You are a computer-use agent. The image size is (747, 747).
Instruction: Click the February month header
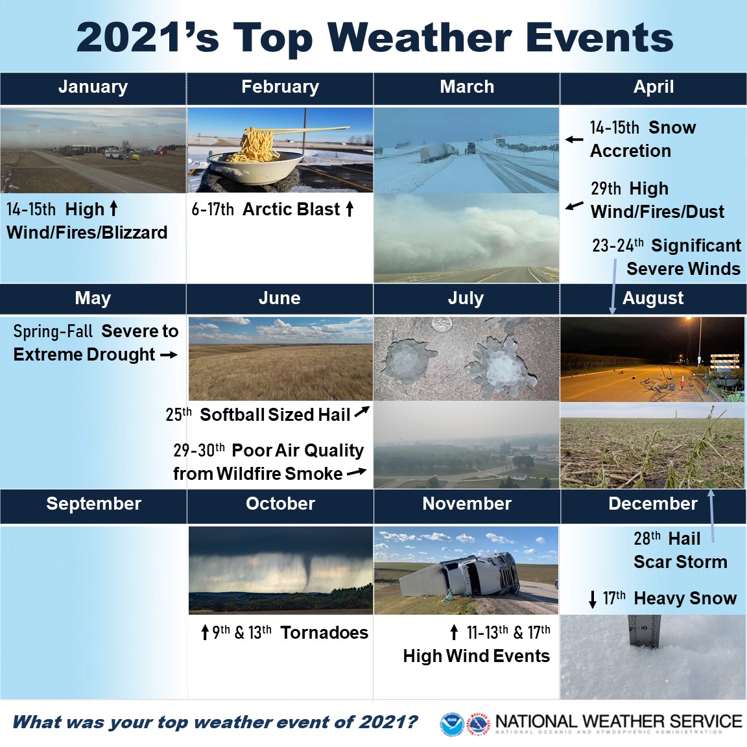point(280,87)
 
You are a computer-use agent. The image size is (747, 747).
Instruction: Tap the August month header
point(653,298)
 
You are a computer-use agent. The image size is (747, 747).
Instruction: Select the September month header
point(94,504)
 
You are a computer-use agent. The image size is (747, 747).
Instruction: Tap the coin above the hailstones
point(441,326)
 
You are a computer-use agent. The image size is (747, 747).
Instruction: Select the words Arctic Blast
point(291,209)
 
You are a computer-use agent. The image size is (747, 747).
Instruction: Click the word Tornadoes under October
point(324,633)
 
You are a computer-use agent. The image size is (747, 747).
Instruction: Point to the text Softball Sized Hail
point(275,414)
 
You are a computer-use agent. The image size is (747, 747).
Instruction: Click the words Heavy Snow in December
point(685,598)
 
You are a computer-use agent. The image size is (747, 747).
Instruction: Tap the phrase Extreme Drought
point(84,355)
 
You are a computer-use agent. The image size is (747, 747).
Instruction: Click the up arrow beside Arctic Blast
point(350,209)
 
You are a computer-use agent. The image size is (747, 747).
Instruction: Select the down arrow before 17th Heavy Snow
point(593,599)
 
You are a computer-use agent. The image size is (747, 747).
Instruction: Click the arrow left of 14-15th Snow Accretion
point(574,139)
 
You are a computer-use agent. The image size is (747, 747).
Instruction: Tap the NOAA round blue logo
point(451,724)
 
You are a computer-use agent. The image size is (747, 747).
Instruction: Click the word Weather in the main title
point(420,38)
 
